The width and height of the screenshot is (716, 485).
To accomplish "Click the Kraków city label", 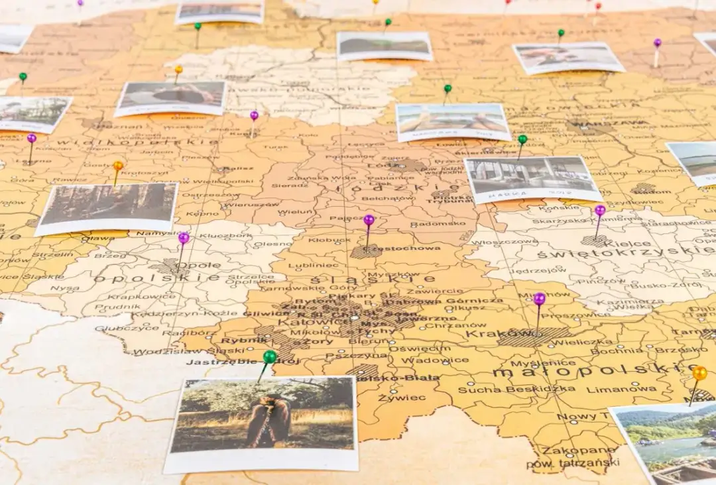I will [489, 333].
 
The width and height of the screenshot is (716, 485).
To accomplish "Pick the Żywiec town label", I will [392, 398].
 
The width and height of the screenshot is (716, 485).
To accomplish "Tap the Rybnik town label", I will [235, 341].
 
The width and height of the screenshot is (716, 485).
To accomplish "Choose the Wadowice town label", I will [426, 360].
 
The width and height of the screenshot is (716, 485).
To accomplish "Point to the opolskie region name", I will [156, 278].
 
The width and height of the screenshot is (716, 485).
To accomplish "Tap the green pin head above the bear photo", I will [269, 356].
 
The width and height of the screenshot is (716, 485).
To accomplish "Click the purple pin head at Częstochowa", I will [369, 219].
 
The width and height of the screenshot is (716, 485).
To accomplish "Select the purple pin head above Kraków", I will [540, 299].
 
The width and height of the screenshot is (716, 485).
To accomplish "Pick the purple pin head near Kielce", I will [600, 210].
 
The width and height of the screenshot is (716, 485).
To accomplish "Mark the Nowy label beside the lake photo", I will [576, 417].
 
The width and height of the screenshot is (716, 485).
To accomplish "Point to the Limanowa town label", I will [612, 389].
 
